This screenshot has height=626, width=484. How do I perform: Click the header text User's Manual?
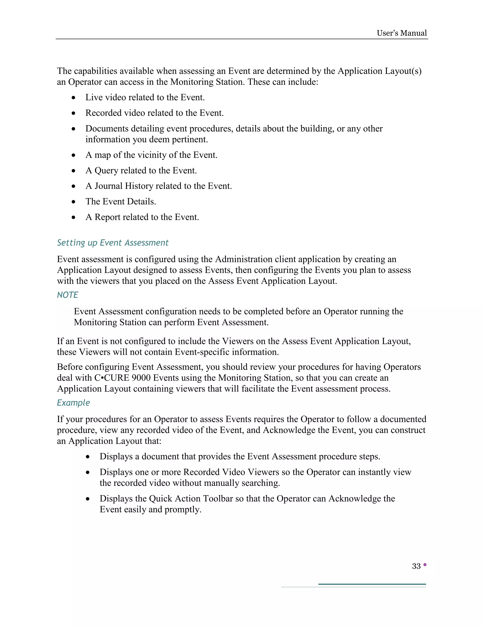402,33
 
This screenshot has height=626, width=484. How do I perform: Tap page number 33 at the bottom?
416,566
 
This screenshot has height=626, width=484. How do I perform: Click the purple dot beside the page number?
425,565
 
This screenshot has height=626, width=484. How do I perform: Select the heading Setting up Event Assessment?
113,243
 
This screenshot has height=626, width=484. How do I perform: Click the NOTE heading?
68,295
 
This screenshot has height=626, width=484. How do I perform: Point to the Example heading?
73,403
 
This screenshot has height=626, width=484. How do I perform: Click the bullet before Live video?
74,98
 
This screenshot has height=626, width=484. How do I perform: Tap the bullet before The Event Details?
74,202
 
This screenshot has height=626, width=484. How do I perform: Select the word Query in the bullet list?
106,171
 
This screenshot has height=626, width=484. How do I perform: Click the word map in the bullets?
103,155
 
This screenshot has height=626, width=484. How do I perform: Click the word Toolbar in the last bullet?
218,498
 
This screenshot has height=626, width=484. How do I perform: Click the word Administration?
244,259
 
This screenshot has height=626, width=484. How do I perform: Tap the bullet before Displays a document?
88,457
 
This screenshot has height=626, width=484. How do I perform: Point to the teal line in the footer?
372,584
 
